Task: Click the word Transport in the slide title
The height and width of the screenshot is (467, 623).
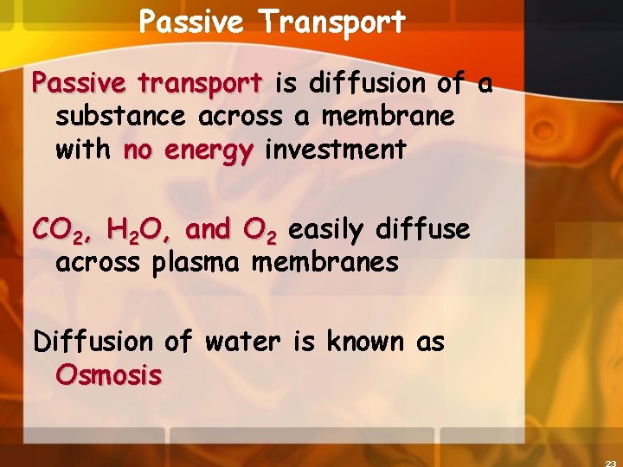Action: (332, 22)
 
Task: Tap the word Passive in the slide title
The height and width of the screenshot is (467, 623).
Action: (191, 22)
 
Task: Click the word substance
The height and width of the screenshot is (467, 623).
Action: (121, 117)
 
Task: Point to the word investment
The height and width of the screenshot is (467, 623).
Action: (335, 150)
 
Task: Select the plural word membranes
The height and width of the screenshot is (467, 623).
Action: (324, 262)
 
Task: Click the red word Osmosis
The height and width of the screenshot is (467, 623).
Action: (108, 375)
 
